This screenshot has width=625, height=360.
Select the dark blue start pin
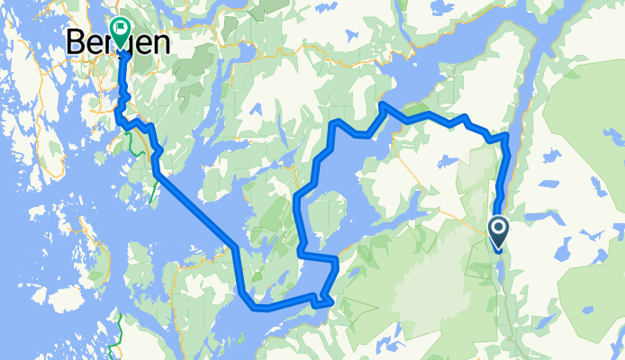[x=498, y=231]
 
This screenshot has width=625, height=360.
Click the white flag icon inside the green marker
[x=120, y=29]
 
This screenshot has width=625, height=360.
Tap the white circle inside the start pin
[x=498, y=228]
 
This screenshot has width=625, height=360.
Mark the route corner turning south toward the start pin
[x=506, y=137]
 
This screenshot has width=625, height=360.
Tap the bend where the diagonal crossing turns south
[x=235, y=247]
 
